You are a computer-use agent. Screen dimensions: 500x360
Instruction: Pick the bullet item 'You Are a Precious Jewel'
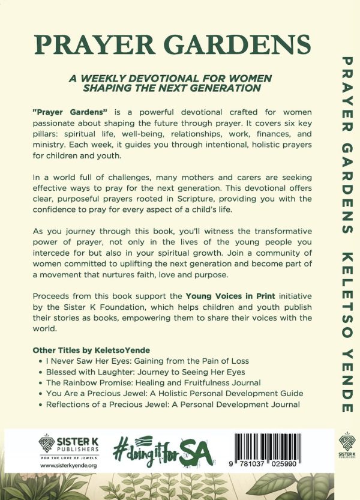coord(175,394)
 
